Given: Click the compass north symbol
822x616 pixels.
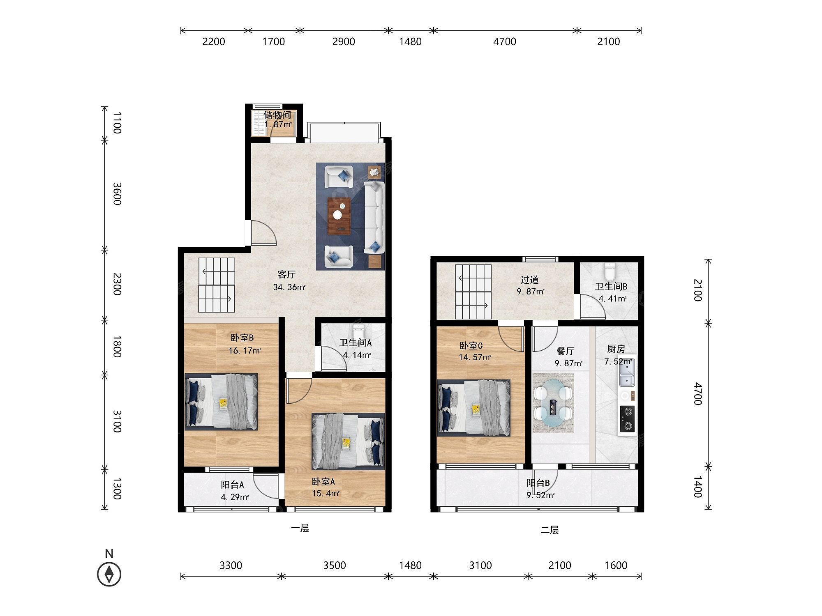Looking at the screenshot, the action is pos(109,574).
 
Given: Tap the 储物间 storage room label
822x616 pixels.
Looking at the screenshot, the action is pos(277,115).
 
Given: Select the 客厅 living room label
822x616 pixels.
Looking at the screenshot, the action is pos(286,274).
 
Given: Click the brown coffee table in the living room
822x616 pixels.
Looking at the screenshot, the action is pos(338,216).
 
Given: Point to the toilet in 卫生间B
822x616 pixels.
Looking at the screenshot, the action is pos(609,271).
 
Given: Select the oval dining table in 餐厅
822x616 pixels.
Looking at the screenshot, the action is pos(553,403).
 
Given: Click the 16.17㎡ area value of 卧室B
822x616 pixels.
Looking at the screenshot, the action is pos(245,351).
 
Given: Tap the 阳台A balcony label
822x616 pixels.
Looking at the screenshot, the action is pos(232,485).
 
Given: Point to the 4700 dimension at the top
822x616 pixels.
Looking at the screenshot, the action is pos(504,41).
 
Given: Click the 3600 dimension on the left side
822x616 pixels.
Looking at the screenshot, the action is pos(117,194).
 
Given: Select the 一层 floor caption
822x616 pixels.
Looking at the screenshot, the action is pos(300,529).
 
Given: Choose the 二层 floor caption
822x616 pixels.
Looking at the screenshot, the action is pos(550,530).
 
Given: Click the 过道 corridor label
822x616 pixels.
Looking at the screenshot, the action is pos(529,280).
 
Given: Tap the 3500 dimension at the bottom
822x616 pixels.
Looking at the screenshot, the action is pos(335,565).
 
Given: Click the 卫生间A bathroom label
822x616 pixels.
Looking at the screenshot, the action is pos(356,343).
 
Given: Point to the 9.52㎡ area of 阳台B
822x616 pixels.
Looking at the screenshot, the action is pos(541,495).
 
